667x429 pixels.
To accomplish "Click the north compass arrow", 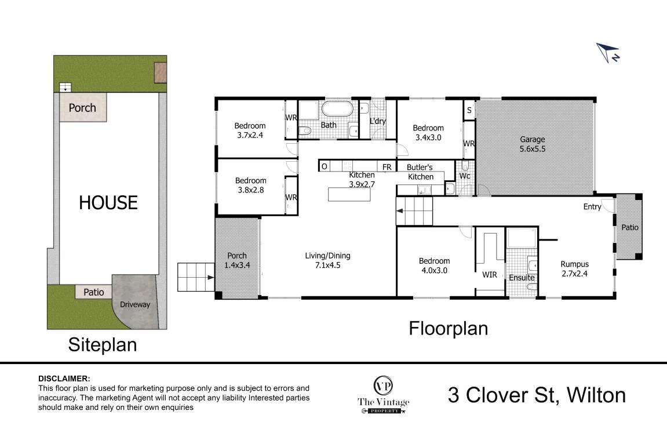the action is [607, 52].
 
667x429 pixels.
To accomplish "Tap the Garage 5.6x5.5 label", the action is [532, 144].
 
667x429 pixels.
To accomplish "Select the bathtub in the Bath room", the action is [337, 108].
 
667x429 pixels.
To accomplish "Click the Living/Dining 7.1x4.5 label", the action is [327, 260].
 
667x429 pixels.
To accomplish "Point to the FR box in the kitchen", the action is [387, 166].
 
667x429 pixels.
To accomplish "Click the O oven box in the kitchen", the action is [324, 166].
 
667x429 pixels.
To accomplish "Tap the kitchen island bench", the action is [349, 194].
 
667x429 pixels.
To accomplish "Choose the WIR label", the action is [490, 275].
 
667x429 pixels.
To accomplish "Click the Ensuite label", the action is [522, 278].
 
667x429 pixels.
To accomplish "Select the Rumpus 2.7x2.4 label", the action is [574, 268].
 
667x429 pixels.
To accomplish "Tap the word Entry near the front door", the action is [592, 206].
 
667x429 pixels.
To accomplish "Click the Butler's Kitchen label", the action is [420, 172].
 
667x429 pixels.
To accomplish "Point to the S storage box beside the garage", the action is [469, 110].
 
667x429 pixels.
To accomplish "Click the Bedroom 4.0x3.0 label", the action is [434, 266].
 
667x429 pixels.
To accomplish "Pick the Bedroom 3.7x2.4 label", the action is [250, 130].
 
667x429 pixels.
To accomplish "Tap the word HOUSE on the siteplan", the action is [108, 202].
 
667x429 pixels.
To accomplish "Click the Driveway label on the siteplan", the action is [135, 304].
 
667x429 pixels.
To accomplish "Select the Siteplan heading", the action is [103, 344].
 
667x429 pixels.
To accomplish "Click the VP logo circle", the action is [383, 386].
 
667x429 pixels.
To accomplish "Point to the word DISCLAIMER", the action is [64, 379].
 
